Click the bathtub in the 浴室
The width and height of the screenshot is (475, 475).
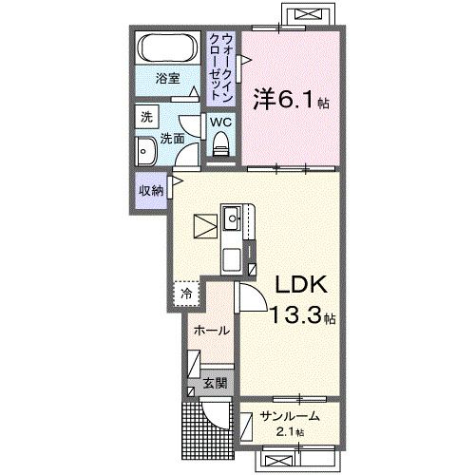coord(168,48)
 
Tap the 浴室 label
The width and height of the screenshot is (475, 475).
coord(168,80)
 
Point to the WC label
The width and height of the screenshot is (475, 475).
coord(220,122)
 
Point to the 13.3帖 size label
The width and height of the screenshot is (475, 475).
coord(302,315)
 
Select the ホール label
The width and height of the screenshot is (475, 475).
coord(210,331)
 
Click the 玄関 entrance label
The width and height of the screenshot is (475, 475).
coord(215,384)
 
